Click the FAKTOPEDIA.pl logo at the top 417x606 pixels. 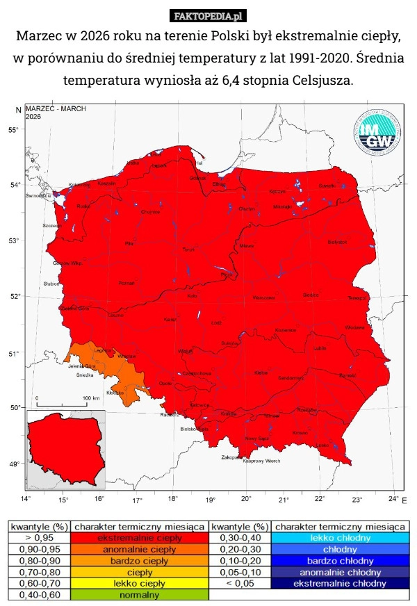pyautogui.click(x=208, y=15)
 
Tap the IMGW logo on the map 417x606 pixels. pyautogui.click(x=378, y=132)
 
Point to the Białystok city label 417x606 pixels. pyautogui.click(x=337, y=242)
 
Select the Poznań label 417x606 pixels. pyautogui.click(x=126, y=283)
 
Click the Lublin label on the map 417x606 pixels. pyautogui.click(x=320, y=347)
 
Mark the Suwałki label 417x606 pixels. pyautogui.click(x=327, y=186)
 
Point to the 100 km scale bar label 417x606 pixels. pyautogui.click(x=92, y=398)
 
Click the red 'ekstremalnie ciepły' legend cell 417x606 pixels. pyautogui.click(x=139, y=537)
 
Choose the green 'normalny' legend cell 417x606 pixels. pyautogui.click(x=139, y=595)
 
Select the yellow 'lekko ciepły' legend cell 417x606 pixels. pyautogui.click(x=139, y=583)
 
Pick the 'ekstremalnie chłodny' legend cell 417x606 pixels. pyautogui.click(x=340, y=583)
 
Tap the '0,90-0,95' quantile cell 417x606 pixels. pyautogui.click(x=38, y=549)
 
